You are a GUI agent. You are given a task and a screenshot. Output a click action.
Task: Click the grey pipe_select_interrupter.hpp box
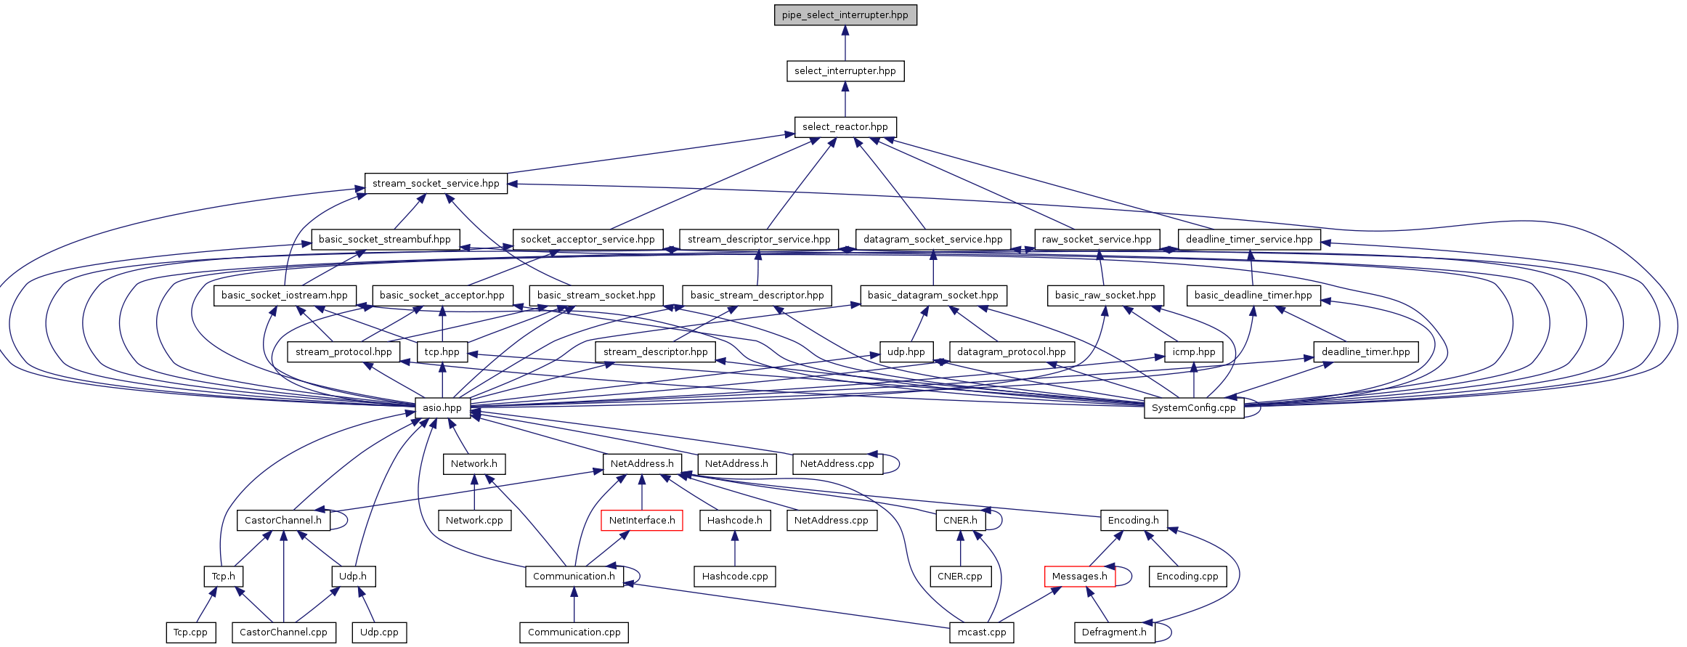[845, 15]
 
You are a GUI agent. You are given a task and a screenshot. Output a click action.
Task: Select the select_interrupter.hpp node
[845, 71]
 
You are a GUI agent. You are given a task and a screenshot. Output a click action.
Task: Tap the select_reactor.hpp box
[845, 127]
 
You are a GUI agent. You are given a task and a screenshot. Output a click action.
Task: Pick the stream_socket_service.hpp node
[436, 184]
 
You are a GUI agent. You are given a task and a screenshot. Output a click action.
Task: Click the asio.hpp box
[442, 408]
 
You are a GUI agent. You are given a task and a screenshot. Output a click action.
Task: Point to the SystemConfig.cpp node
[1193, 408]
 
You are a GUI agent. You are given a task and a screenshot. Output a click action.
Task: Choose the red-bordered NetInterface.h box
[641, 521]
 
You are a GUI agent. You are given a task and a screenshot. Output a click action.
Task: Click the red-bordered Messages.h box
[1079, 577]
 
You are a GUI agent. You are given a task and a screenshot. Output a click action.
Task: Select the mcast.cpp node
[981, 632]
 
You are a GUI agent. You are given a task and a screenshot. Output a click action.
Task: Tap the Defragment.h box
[1114, 632]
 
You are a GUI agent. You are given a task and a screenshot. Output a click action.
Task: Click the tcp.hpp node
[442, 352]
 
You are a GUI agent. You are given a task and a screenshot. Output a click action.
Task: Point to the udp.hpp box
[906, 352]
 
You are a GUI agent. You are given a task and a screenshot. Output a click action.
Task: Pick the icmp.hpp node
[1193, 352]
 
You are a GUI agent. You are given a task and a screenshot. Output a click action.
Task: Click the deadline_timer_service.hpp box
[1248, 240]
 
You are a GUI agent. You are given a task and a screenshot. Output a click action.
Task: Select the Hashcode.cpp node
[735, 577]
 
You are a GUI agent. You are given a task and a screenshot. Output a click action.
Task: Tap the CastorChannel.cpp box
[283, 632]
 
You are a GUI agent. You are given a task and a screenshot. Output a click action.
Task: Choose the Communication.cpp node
[574, 632]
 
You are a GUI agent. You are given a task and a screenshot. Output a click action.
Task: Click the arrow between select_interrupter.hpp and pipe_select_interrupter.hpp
[845, 44]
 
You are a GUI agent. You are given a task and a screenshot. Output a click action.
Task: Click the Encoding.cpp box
[1187, 577]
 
